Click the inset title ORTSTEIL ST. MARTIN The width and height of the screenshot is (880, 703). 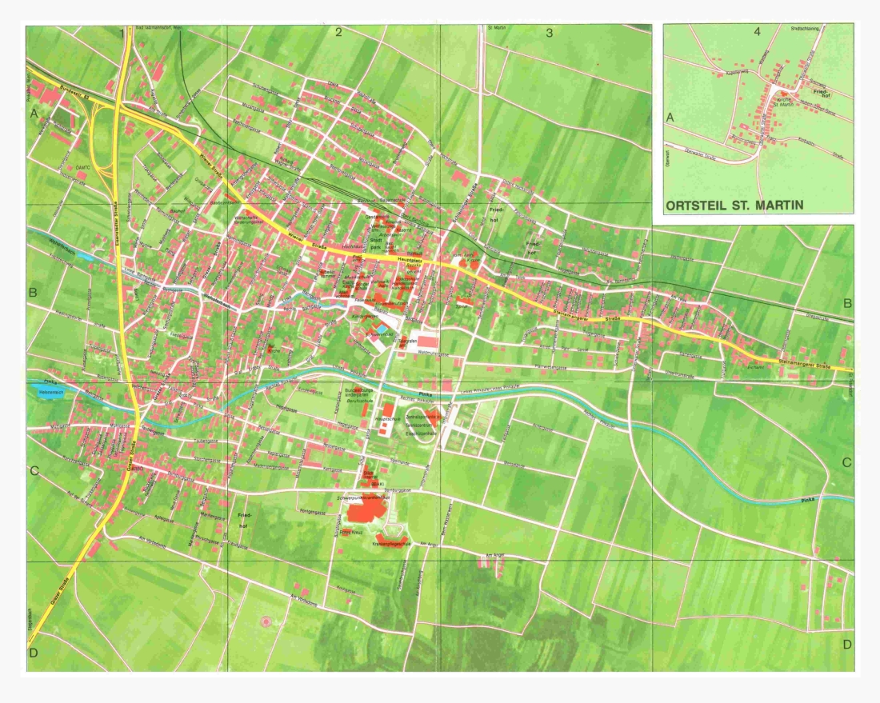tap(734, 205)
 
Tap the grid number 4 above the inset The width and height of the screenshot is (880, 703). tap(756, 33)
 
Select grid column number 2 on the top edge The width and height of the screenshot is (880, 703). tap(338, 33)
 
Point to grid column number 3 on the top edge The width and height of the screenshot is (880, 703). tap(549, 33)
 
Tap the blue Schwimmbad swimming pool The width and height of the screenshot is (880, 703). tap(383, 330)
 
